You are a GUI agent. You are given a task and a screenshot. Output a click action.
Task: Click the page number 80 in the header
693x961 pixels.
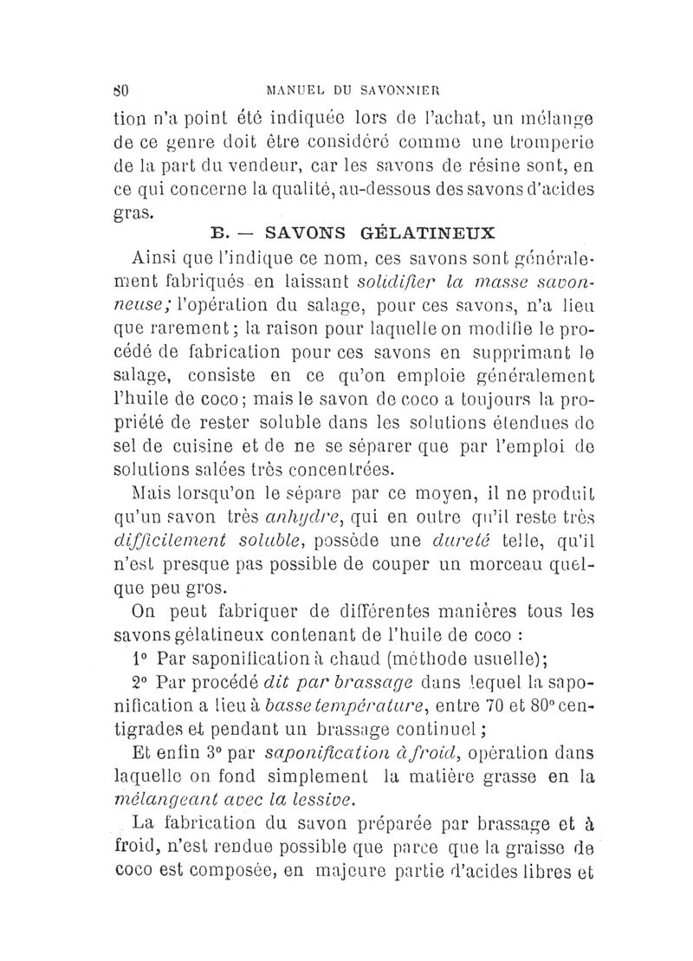tap(122, 88)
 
